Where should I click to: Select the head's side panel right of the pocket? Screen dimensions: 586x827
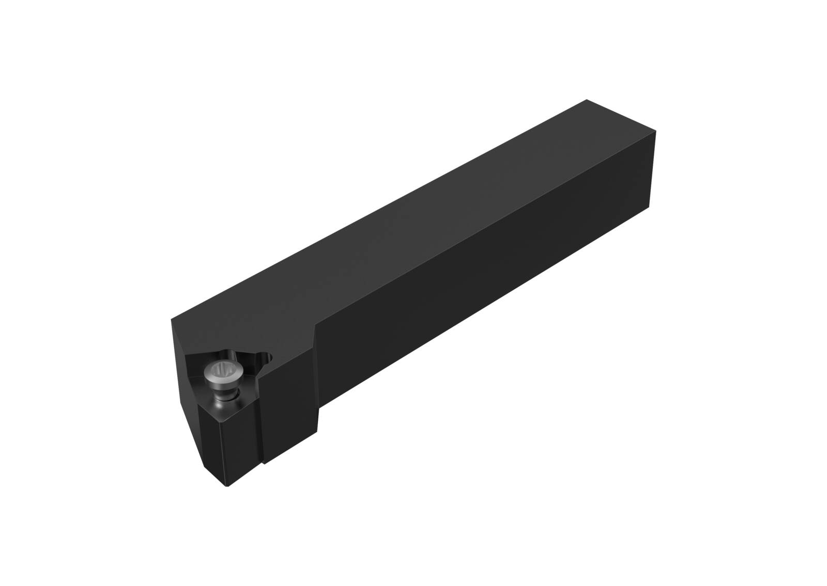pyautogui.click(x=289, y=403)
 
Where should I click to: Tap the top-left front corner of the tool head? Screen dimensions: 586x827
pyautogui.click(x=172, y=320)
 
